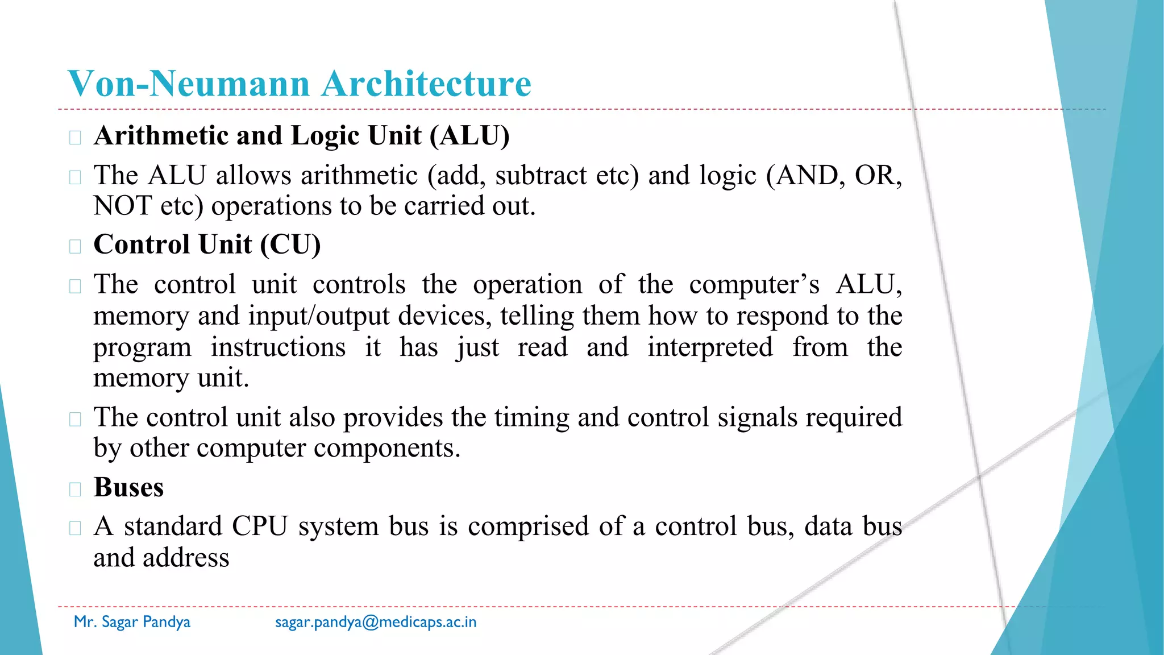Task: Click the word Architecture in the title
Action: [426, 84]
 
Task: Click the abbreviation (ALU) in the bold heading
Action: [469, 136]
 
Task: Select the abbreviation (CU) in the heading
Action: [290, 245]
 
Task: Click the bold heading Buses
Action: [128, 488]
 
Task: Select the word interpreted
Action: [710, 347]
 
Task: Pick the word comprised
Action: [528, 527]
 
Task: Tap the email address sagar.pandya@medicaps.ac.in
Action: [376, 622]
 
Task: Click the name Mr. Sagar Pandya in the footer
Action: [132, 622]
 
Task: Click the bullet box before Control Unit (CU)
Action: [75, 247]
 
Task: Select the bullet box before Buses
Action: [75, 490]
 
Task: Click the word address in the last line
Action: [186, 558]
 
